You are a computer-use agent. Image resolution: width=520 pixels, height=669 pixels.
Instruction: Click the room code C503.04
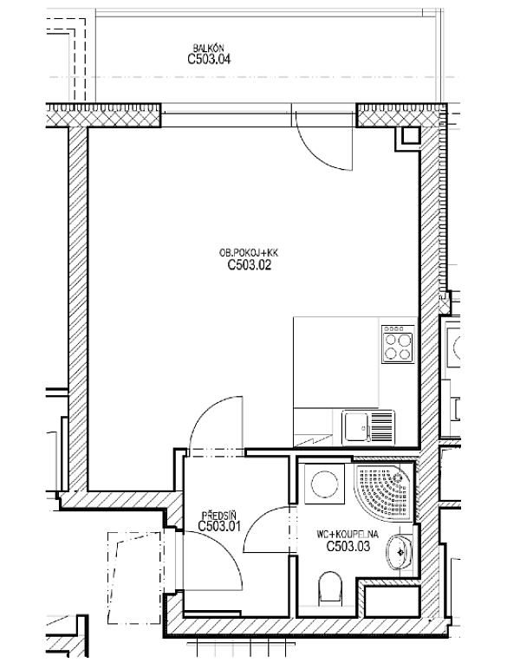point(209,59)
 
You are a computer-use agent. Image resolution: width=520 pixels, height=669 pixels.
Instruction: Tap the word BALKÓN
point(208,49)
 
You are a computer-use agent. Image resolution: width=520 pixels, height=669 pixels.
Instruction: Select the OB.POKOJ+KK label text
point(249,253)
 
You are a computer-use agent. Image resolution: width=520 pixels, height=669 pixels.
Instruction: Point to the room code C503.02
point(250,265)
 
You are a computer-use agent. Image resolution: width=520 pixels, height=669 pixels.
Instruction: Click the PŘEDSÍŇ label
point(219,515)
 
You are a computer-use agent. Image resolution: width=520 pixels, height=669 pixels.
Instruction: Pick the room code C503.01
point(219,526)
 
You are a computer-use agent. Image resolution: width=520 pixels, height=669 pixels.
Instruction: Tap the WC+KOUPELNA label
point(348,535)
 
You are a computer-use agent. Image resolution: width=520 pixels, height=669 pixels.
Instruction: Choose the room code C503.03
point(348,546)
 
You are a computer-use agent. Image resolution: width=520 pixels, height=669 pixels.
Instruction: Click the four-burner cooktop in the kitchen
point(398,344)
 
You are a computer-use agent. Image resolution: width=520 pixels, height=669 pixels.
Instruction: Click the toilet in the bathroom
point(330,589)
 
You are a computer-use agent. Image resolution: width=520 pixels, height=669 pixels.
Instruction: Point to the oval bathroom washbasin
point(400,553)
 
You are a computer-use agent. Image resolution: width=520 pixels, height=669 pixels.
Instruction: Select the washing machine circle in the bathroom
point(325,484)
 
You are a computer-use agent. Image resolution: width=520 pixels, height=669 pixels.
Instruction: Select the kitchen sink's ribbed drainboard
point(382,426)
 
